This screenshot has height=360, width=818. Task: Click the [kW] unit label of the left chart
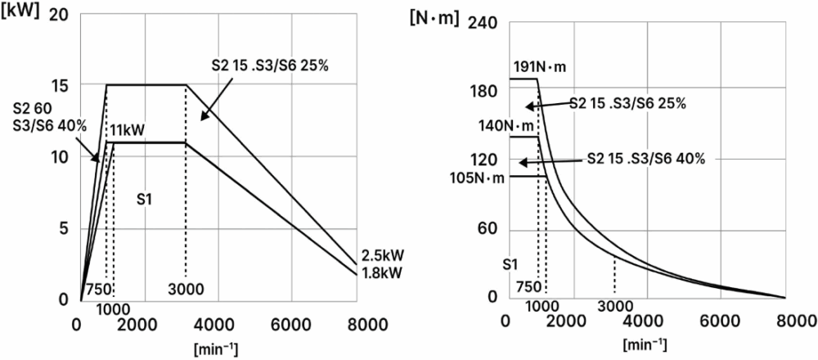click(x=23, y=15)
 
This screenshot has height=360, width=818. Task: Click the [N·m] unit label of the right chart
click(x=434, y=16)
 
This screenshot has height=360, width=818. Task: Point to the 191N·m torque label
click(x=539, y=65)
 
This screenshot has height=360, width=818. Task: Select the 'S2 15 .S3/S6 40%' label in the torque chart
click(x=645, y=158)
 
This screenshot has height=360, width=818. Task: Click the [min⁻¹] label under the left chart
click(x=216, y=349)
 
